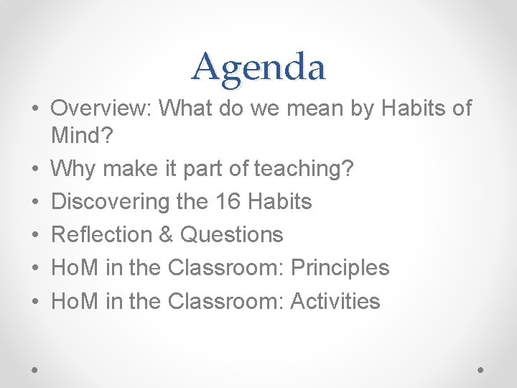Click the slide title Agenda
258,67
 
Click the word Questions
232,235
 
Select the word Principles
340,268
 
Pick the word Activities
335,301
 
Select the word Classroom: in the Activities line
226,301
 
